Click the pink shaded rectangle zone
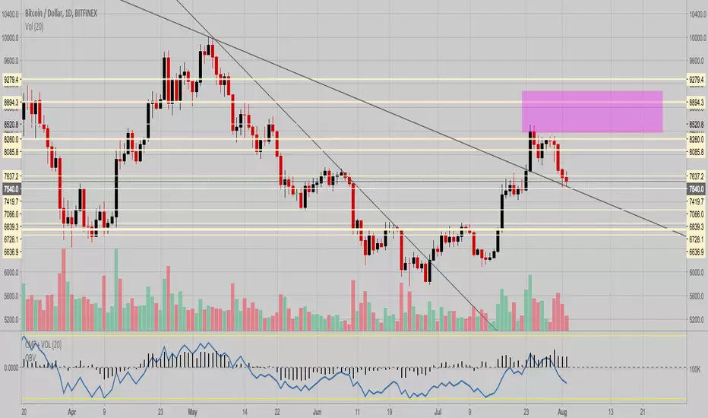point(592,112)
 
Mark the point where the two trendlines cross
point(213,39)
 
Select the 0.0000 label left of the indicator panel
point(11,368)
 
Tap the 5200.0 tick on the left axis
point(11,320)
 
